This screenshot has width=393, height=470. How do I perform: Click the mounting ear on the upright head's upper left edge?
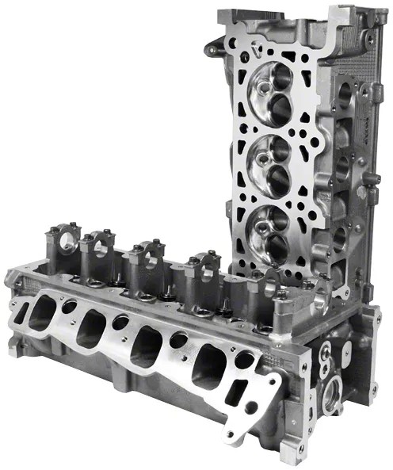pos(212,49)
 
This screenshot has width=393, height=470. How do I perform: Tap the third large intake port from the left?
pos(146,346)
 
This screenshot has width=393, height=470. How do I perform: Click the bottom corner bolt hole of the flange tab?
pos(231,433)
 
